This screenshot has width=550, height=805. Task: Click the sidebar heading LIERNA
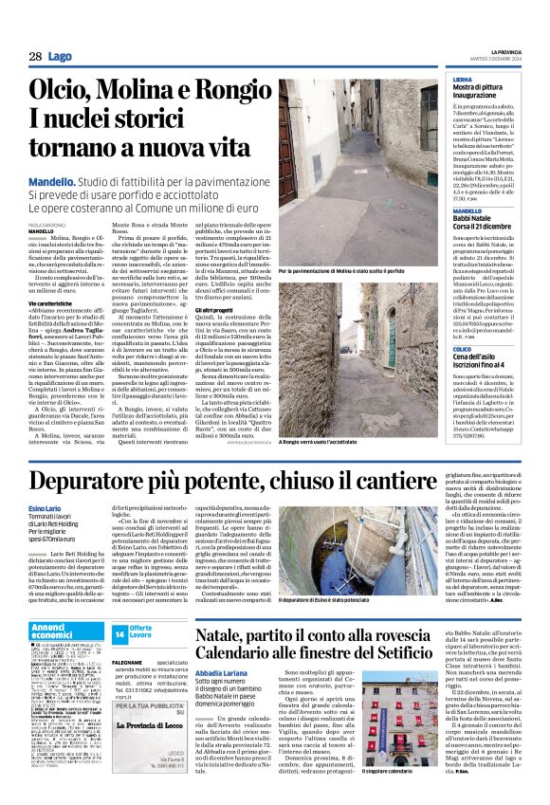tap(463, 81)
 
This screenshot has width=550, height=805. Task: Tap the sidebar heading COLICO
tap(463, 349)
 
